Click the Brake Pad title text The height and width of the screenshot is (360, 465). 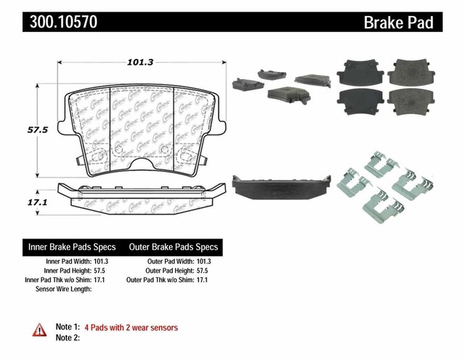coord(398,23)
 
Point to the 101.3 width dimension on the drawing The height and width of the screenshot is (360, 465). coord(142,63)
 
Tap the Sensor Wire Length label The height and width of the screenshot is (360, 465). coord(65,289)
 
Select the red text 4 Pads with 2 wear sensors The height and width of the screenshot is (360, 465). coord(131,327)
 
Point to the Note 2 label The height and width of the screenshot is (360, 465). coord(67,337)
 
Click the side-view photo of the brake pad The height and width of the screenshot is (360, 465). coord(280,185)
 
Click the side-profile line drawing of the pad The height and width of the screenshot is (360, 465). coord(142,193)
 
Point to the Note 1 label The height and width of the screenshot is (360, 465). coord(67,327)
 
